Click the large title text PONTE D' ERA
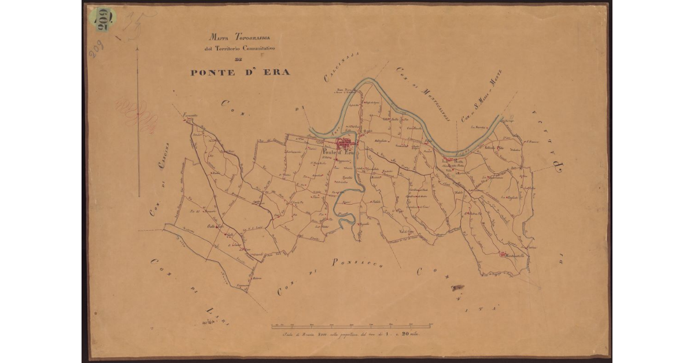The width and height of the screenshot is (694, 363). click(x=240, y=72)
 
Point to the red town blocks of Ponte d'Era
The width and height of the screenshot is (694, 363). click(x=347, y=143)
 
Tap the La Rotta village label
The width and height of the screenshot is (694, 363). click(x=454, y=161)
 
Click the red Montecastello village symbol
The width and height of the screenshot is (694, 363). click(x=502, y=254)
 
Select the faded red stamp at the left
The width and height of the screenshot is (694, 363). click(x=138, y=112)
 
